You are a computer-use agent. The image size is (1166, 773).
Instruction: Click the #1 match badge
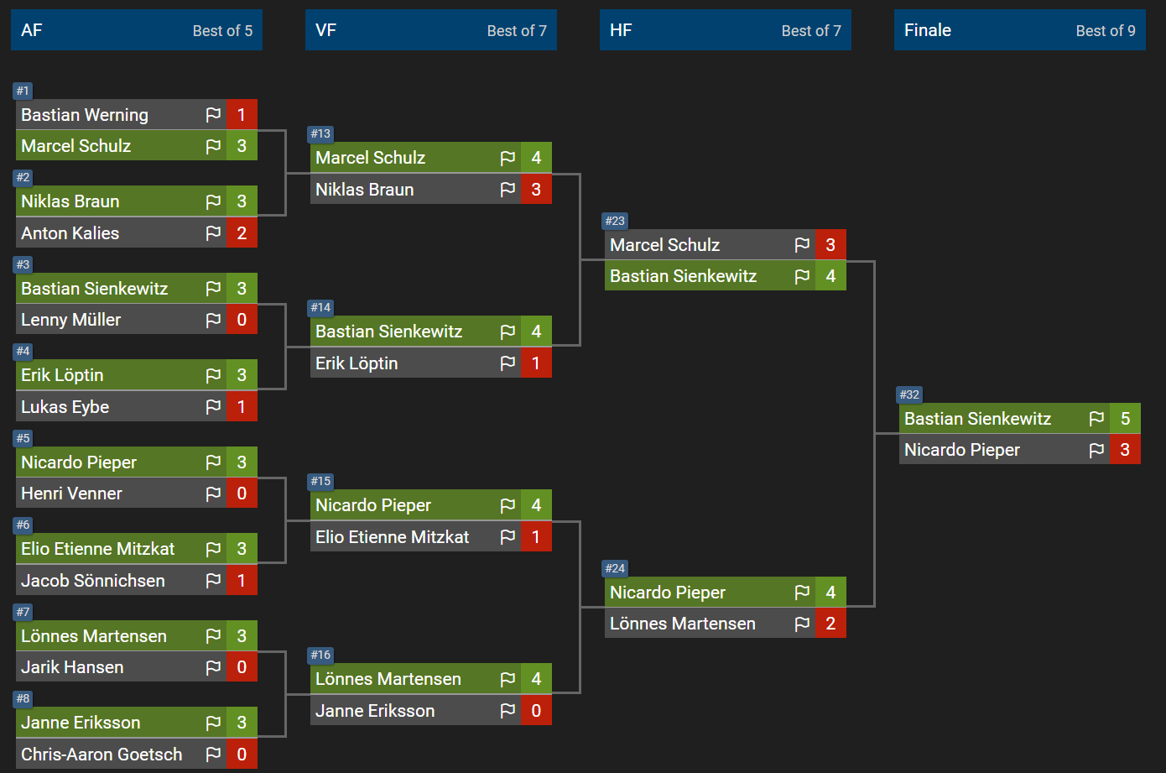[23, 91]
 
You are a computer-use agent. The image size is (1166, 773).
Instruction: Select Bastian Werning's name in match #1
[85, 115]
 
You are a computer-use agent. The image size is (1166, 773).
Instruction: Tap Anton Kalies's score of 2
[242, 232]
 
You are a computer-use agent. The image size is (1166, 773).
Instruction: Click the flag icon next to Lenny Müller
[213, 320]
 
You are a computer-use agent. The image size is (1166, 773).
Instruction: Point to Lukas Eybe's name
[65, 407]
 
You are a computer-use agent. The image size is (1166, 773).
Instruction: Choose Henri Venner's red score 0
[242, 494]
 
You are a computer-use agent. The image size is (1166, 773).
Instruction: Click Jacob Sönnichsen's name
[92, 580]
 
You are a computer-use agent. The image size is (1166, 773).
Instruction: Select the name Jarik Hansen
[72, 667]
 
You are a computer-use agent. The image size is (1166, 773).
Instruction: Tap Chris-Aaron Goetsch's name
[102, 755]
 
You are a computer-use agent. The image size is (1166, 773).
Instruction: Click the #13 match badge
[320, 133]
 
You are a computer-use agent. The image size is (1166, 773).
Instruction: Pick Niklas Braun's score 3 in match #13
[536, 189]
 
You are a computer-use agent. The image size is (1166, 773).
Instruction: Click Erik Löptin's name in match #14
[357, 363]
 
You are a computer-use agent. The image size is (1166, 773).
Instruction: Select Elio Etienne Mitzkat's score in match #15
[536, 537]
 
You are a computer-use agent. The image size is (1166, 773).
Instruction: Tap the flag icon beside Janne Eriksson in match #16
[508, 711]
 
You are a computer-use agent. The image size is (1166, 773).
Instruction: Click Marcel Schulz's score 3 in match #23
[830, 244]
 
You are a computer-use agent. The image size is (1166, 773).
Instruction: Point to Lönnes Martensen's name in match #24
[683, 624]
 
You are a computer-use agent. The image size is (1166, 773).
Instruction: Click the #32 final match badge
[908, 394]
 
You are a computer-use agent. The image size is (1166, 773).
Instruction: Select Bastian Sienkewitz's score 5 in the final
[1125, 418]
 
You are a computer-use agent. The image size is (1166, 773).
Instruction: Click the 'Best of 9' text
[1106, 31]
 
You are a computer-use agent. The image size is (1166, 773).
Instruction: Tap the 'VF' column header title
[325, 30]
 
